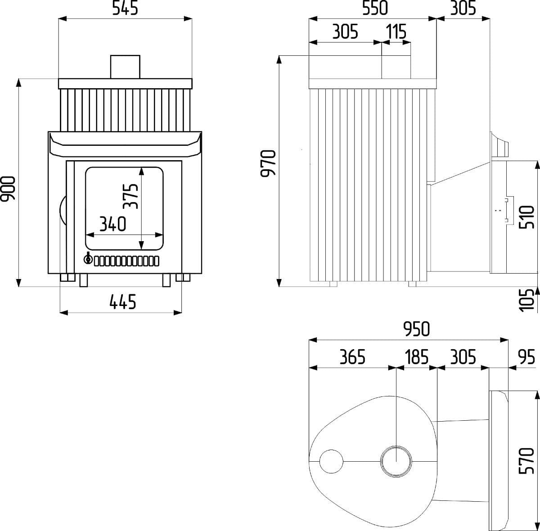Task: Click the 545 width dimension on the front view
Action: point(125,9)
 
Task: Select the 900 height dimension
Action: point(9,189)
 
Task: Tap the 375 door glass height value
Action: point(130,196)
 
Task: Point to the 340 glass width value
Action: point(112,224)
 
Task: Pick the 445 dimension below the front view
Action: point(122,302)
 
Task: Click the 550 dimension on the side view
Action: point(375,8)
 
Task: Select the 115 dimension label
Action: point(396,32)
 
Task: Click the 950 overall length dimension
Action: point(416,329)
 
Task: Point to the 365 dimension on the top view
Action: point(352,357)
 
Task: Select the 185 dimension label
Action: point(416,357)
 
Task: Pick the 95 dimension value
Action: point(526,357)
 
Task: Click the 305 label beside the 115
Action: point(345,32)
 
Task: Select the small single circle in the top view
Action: point(331,462)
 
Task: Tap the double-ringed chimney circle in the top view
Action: point(396,462)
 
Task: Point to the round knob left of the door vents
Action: point(88,259)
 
